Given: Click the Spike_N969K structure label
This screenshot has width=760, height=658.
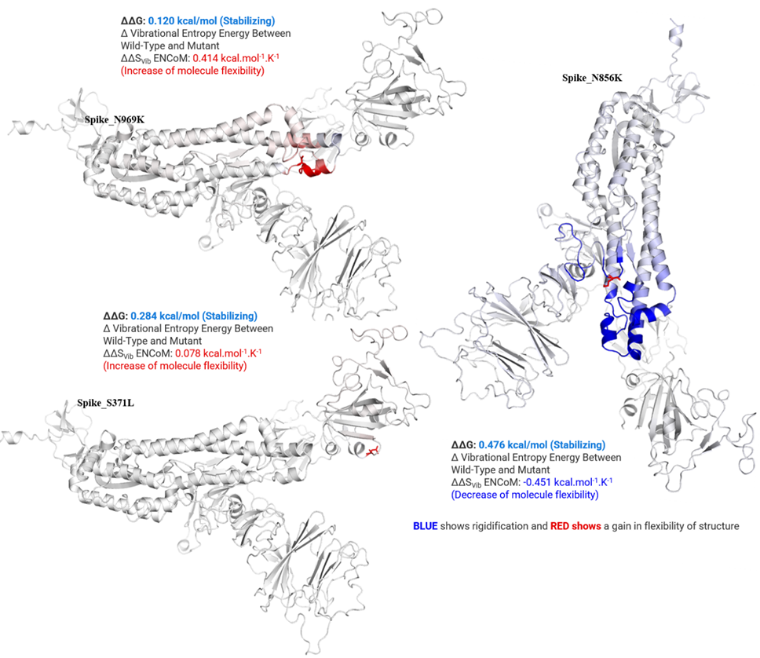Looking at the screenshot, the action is [115, 120].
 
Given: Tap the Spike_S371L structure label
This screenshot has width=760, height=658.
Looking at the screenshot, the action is [105, 403].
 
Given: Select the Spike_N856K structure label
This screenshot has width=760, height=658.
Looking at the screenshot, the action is [592, 78].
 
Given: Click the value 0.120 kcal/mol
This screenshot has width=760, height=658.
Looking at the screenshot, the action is [182, 21].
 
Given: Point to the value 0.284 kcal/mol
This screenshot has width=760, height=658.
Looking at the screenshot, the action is [165, 316].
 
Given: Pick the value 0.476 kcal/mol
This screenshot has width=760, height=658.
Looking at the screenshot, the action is [513, 445].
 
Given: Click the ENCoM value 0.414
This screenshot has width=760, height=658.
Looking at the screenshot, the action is [206, 58].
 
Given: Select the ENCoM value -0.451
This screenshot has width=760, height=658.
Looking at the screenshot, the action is [537, 482].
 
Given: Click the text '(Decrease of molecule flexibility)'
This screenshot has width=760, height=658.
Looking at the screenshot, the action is [525, 495].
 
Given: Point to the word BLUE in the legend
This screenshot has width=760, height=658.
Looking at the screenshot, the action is [425, 527].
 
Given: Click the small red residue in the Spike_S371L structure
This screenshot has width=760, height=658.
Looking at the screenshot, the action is [372, 452].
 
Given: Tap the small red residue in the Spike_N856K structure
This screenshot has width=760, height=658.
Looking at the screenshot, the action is [610, 280].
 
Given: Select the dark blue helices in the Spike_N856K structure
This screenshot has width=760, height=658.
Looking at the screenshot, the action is [630, 331].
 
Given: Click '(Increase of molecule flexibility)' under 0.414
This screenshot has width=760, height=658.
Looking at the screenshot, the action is [192, 71].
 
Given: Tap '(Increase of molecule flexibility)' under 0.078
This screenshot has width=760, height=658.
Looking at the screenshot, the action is [175, 366].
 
